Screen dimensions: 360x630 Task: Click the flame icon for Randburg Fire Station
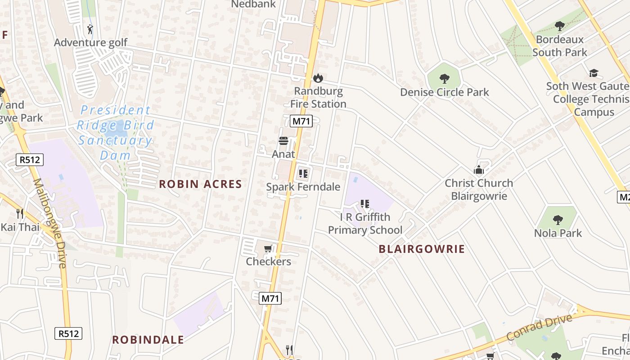click(318, 78)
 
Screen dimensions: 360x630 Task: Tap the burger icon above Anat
click(283, 141)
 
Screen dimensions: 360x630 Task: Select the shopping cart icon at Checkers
click(268, 249)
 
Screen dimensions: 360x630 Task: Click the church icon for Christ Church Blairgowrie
click(478, 170)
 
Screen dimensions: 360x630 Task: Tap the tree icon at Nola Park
click(558, 220)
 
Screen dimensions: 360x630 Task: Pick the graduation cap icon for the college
click(594, 73)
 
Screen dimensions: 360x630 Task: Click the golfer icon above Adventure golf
click(90, 30)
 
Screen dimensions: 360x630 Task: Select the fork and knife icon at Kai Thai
click(20, 213)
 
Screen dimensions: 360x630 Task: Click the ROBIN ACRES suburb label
click(201, 184)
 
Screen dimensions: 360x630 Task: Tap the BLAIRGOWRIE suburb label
click(422, 249)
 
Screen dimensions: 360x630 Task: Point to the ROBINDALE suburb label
click(148, 340)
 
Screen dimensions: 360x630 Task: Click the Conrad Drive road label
click(539, 328)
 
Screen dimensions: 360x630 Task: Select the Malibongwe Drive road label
click(49, 223)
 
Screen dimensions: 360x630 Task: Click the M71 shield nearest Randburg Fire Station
click(301, 121)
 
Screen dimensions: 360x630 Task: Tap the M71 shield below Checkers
click(270, 298)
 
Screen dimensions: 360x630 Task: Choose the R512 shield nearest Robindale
click(68, 333)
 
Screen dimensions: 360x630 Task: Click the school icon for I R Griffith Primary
click(364, 204)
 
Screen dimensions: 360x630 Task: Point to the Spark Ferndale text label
click(303, 187)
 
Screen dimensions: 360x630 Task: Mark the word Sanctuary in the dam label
click(115, 140)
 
